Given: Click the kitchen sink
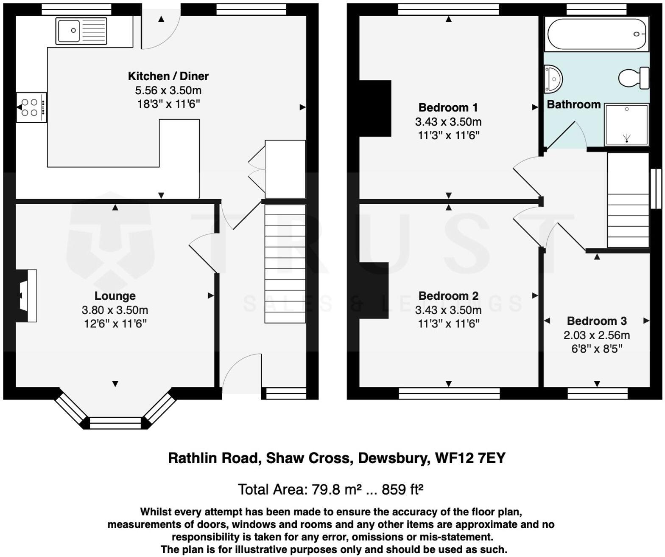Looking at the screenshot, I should tap(81, 31).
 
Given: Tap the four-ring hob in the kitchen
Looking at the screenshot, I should tap(32, 107).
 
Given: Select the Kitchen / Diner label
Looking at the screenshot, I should tap(168, 76).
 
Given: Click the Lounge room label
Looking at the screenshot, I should tap(115, 296).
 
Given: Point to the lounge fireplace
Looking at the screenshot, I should tap(26, 295).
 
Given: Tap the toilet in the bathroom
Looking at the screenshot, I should tap(634, 78).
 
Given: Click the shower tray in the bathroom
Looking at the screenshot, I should tap(626, 124).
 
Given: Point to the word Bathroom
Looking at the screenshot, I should tap(573, 104).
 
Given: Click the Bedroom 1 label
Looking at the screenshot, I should tap(448, 107).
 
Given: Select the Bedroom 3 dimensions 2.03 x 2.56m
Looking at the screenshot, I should tap(596, 335).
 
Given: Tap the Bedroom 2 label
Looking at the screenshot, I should tap(448, 296).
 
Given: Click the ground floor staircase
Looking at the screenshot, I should tap(285, 264).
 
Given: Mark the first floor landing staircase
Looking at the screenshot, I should tap(628, 200).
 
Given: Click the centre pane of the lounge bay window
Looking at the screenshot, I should tap(115, 423).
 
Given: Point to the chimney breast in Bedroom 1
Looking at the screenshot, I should tap(375, 108).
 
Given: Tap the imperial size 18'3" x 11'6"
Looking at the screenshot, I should tap(168, 104).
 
